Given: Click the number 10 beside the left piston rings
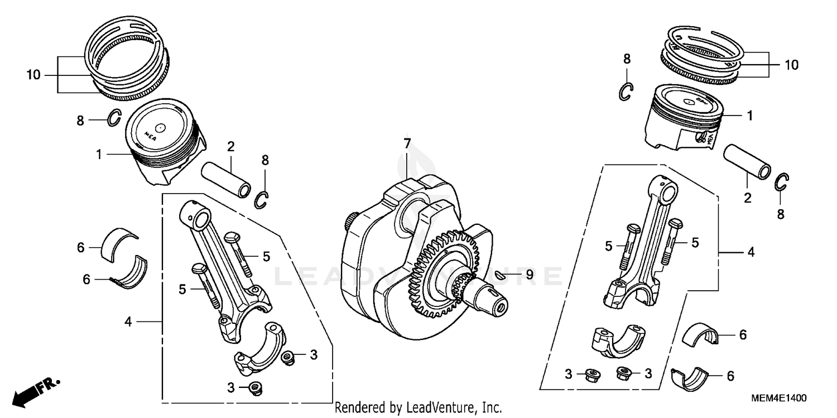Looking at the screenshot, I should tap(33, 75).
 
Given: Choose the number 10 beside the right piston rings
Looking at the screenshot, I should tap(791, 65).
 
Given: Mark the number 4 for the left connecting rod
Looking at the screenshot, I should tap(128, 322).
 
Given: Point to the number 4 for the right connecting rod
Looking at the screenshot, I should tap(751, 252).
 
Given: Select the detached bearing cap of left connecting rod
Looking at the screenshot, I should tap(261, 349).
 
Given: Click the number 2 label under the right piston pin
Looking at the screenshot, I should tap(747, 197).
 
